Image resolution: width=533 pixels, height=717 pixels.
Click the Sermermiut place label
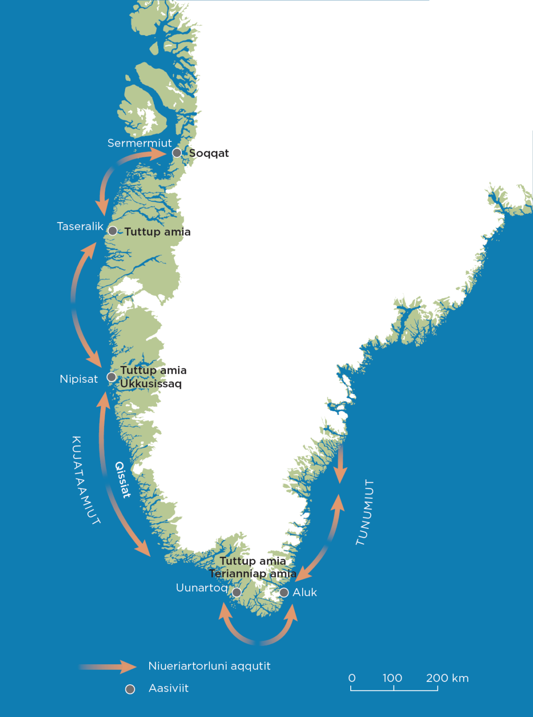139,143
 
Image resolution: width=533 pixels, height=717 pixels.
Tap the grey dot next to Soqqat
177,153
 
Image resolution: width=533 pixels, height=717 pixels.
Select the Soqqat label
208,154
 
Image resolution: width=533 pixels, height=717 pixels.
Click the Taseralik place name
80,226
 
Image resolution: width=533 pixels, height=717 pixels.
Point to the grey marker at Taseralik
112,231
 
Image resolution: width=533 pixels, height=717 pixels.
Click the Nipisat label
79,379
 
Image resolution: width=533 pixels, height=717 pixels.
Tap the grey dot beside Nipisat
111,377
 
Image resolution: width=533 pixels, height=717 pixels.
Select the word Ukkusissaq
151,384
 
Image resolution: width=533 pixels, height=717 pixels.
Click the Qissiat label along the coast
123,479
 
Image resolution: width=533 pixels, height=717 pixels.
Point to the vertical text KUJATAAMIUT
86,480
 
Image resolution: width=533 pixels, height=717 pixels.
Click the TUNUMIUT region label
365,512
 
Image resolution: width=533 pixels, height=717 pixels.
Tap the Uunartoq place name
201,588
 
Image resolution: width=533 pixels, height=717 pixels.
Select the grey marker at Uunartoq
236,592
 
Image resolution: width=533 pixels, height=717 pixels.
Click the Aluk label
305,592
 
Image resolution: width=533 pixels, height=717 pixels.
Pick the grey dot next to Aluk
284,592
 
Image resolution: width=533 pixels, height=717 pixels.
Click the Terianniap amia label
252,574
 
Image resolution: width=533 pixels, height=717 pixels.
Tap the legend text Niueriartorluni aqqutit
209,666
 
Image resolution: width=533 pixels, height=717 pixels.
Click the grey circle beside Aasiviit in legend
130,689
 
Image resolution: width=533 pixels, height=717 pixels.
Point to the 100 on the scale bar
392,678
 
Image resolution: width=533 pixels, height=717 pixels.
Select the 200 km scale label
447,678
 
